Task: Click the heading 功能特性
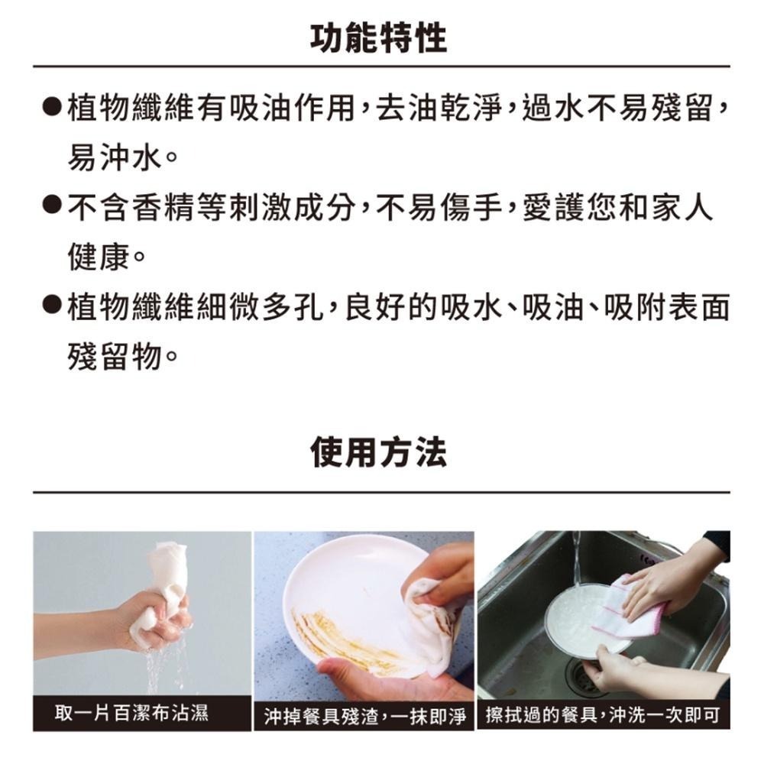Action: pyautogui.click(x=380, y=36)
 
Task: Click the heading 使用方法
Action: pyautogui.click(x=380, y=453)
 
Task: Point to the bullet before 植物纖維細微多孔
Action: pyautogui.click(x=51, y=306)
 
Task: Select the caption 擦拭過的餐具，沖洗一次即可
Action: pyautogui.click(x=602, y=714)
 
